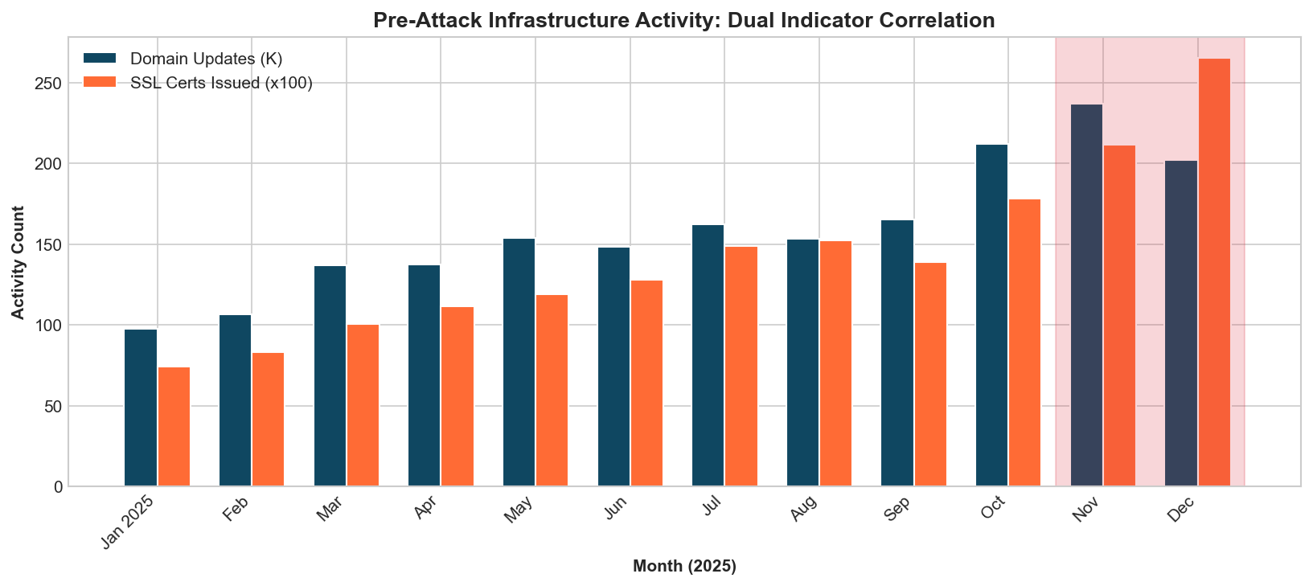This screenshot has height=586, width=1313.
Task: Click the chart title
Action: click(684, 20)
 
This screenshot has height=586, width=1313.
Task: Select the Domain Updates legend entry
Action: click(206, 59)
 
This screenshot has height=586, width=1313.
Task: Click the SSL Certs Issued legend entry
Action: click(221, 83)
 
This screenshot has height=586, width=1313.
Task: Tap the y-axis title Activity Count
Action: click(18, 262)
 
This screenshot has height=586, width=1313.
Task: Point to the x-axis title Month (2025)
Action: click(684, 566)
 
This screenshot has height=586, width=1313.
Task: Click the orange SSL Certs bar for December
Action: click(1214, 273)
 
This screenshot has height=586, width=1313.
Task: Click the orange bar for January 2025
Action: click(174, 427)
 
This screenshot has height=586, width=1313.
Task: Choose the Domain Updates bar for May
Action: click(519, 363)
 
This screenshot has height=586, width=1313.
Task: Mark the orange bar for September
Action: click(930, 375)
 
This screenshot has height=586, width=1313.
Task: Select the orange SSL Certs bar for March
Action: click(363, 405)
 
